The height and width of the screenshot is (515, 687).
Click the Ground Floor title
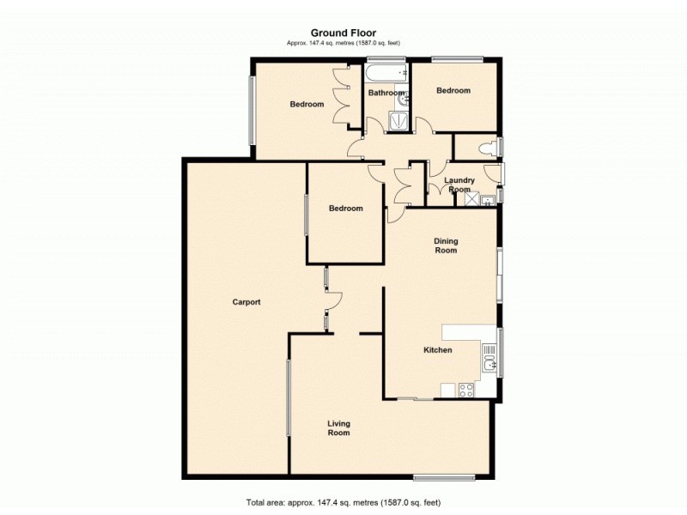[x=343, y=33]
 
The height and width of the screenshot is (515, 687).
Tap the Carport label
[x=246, y=302]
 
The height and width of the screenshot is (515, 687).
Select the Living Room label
[x=338, y=428]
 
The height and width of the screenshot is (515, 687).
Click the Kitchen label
[x=438, y=350]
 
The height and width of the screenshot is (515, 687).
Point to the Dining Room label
[x=445, y=246]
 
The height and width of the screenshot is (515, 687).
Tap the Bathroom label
[x=386, y=93]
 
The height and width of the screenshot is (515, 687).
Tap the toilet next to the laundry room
[x=489, y=148]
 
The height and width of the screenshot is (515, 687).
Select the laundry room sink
[x=486, y=202]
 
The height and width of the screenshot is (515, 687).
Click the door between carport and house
[x=331, y=300]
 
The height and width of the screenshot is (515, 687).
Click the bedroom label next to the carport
[x=346, y=209]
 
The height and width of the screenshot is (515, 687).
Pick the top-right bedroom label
[x=453, y=91]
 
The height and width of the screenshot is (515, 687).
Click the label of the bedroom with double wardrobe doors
[x=307, y=105]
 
